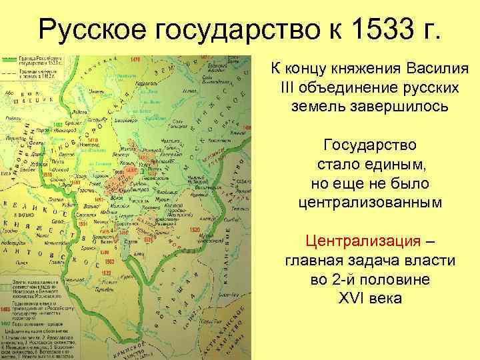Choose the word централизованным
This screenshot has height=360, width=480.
point(371,201)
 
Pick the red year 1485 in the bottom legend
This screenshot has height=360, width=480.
point(7,309)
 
